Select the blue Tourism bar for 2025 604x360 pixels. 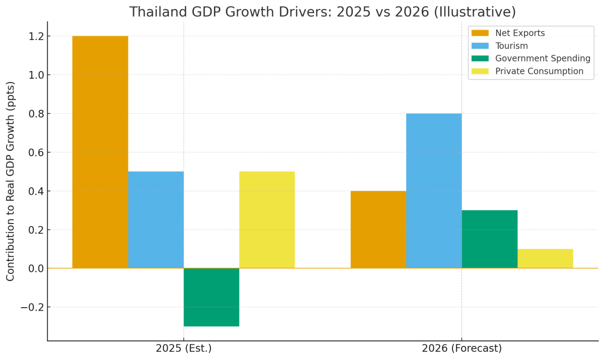tap(156, 220)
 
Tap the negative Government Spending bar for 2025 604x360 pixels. tap(211, 297)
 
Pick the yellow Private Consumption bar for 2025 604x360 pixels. tap(267, 220)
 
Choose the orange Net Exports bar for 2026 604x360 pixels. tap(379, 230)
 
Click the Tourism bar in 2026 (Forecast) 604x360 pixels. tap(434, 191)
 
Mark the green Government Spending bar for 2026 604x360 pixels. tap(489, 239)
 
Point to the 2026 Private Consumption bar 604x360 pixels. tap(545, 258)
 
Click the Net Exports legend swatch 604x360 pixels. tap(480, 33)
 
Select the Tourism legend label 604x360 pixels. tap(511, 46)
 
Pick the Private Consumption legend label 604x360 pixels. tap(539, 71)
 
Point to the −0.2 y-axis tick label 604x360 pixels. tap(31, 307)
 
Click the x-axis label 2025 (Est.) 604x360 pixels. tap(183, 348)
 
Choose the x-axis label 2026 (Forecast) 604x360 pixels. tap(462, 348)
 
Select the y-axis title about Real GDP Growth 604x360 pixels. tap(11, 181)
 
